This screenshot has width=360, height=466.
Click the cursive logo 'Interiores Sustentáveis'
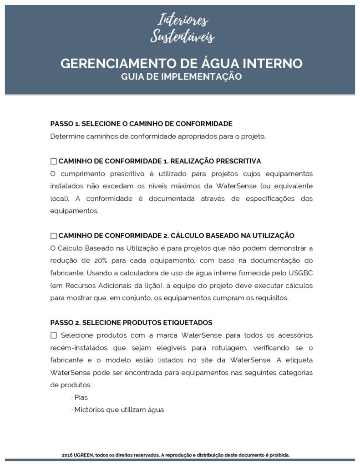[x=182, y=28]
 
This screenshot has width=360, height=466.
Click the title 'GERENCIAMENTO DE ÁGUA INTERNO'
[x=181, y=63]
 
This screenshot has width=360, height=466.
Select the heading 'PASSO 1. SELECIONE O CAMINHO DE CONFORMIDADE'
[x=141, y=124]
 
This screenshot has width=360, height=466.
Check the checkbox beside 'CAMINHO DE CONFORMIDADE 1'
[x=54, y=162]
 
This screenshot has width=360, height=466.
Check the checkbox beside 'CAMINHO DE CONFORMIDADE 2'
[x=54, y=236]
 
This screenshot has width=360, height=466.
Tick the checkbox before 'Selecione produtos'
[x=54, y=335]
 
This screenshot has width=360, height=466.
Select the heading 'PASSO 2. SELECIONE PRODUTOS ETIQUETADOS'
[x=131, y=323]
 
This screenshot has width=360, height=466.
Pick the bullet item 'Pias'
[x=81, y=397]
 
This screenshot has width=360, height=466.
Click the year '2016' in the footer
[x=67, y=455]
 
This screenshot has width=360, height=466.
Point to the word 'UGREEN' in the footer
[x=83, y=455]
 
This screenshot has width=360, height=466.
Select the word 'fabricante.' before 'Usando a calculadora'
[x=67, y=273]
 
